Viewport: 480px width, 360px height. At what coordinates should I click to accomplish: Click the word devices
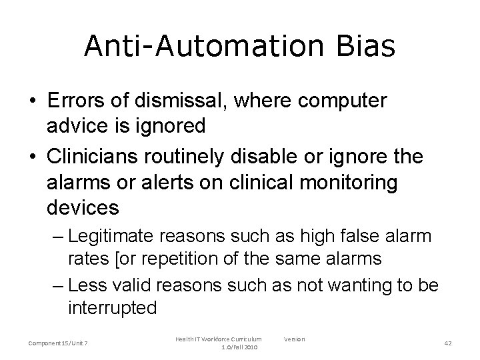[83, 207]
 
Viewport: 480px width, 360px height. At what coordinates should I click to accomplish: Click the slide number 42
[448, 343]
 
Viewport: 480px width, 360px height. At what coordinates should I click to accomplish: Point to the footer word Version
[294, 339]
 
